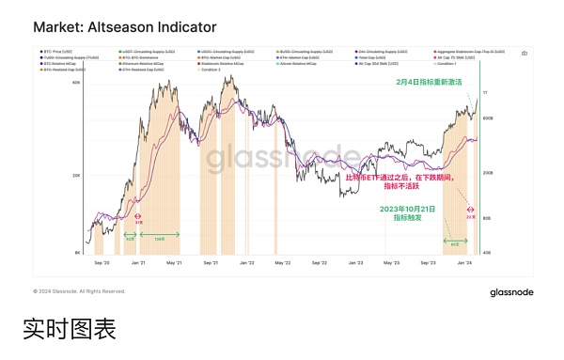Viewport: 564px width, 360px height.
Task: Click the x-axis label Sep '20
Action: click(x=101, y=265)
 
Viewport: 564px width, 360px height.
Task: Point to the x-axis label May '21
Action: click(x=174, y=265)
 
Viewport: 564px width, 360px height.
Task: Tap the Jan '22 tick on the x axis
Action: click(x=247, y=265)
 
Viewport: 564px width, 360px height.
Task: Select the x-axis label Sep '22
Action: click(x=321, y=265)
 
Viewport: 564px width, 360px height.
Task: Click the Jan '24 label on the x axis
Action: click(x=464, y=265)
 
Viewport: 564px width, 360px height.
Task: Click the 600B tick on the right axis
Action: click(x=488, y=118)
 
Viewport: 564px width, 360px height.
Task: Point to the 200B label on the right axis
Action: click(x=488, y=174)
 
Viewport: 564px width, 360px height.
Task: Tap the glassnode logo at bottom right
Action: click(x=511, y=292)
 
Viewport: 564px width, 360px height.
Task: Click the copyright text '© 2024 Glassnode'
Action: click(x=79, y=291)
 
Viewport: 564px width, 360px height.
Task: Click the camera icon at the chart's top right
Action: click(x=524, y=54)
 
